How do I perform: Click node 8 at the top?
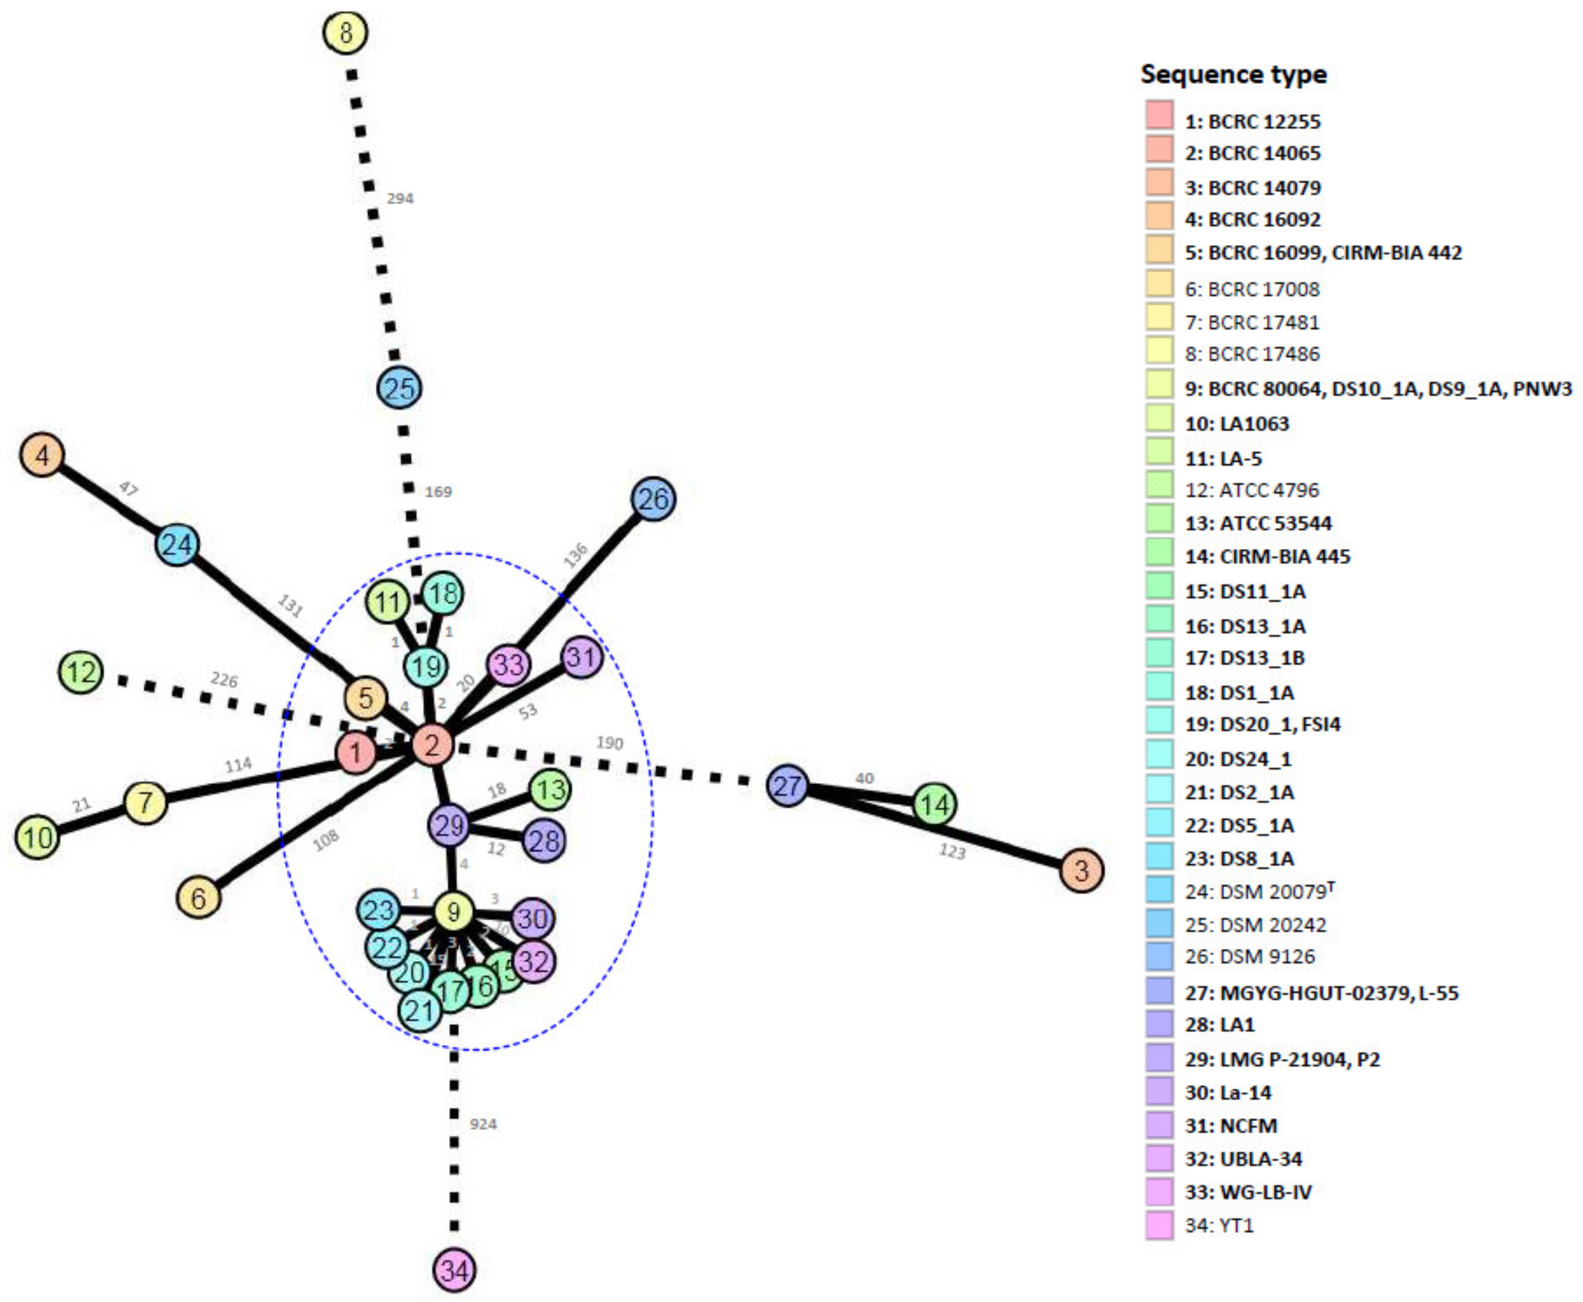click(345, 33)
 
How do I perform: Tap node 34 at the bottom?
click(454, 1271)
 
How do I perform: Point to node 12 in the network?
click(81, 672)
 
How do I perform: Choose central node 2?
click(433, 745)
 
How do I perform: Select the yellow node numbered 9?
click(453, 912)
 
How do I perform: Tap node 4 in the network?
click(43, 455)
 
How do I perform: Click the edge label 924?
click(483, 1124)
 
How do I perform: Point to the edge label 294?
click(400, 198)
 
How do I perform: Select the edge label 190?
click(609, 742)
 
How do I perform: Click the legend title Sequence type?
click(1233, 74)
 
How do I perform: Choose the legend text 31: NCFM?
click(1231, 1126)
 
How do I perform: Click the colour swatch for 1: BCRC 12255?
click(1159, 114)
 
